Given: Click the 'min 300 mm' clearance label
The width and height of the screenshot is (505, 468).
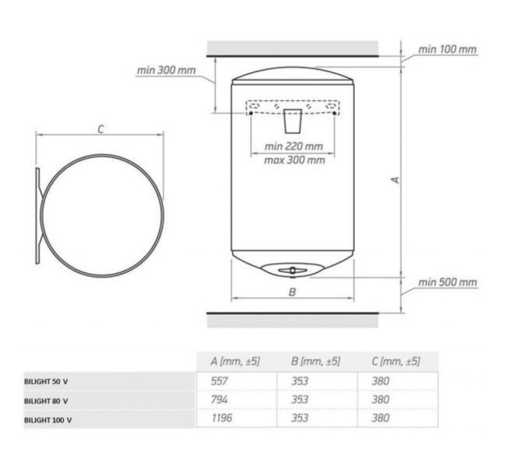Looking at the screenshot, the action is coord(166,71).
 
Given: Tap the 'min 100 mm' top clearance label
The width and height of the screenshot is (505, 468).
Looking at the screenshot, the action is coord(447,50).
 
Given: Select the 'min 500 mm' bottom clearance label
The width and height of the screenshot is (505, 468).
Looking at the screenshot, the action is coord(447,282).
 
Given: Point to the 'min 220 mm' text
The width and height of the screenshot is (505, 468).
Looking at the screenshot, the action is coord(293,146).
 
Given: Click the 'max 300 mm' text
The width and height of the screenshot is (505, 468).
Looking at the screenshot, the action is coord(294,160).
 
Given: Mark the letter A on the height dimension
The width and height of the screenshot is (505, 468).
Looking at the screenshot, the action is coord(396,180).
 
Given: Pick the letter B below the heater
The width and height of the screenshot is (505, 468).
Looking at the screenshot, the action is coord(292,292).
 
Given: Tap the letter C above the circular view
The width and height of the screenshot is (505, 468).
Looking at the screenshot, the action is coord(101,129).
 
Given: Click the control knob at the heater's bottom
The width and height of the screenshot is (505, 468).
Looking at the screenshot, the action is coord(293,270).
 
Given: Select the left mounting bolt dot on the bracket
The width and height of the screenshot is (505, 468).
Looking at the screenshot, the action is coord(251,113).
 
